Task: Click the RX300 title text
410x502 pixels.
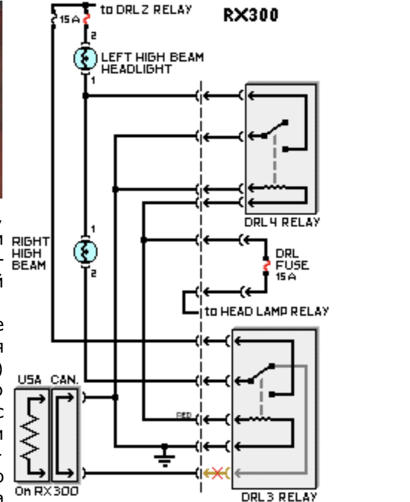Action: (250, 15)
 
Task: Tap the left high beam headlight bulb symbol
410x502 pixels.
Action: (85, 57)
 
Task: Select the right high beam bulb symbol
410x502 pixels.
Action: (85, 251)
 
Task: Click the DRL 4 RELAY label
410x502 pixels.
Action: (282, 223)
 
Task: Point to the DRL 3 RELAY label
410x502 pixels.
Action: (278, 495)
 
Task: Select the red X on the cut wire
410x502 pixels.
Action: (217, 472)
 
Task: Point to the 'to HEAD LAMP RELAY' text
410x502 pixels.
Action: (266, 311)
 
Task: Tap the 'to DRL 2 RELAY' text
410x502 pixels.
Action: (145, 9)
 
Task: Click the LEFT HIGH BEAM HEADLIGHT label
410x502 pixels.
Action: (152, 63)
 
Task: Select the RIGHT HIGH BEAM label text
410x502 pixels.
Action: (29, 254)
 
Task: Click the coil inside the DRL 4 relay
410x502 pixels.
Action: (274, 189)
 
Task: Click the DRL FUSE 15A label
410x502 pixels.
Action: (291, 265)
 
